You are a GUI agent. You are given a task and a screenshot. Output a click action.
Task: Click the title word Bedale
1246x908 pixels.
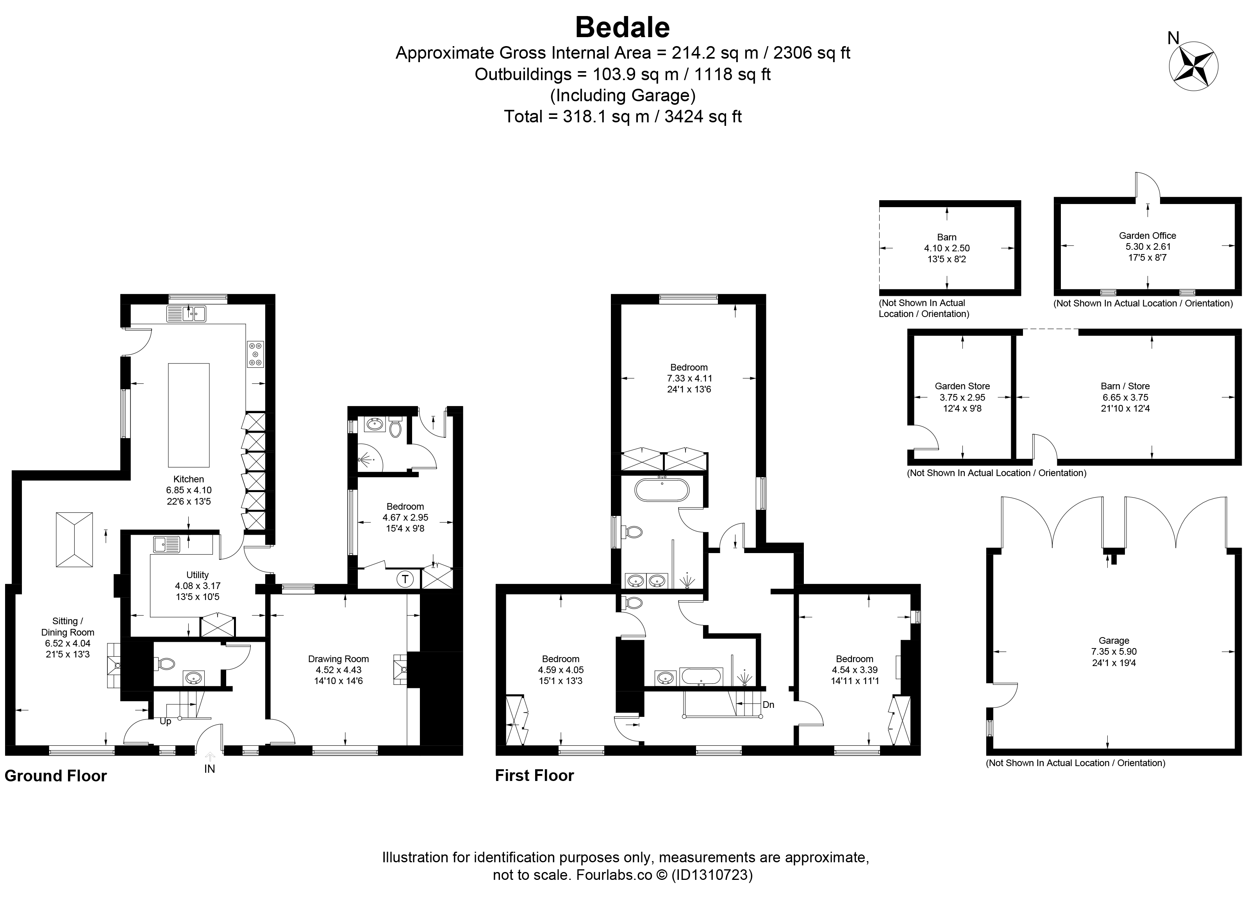[623, 27]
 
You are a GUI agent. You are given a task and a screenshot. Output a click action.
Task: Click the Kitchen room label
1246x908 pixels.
[188, 479]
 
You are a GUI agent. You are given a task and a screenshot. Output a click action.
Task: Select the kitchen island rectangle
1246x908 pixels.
[188, 414]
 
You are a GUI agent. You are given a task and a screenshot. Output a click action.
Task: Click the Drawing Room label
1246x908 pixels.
[338, 659]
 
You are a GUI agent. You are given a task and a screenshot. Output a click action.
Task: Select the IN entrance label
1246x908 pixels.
[209, 769]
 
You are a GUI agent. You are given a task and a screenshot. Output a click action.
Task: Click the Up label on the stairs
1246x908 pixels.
[165, 721]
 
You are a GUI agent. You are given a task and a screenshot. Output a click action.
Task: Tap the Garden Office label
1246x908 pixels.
[1148, 235]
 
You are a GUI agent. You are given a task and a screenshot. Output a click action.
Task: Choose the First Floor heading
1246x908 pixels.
[535, 775]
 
